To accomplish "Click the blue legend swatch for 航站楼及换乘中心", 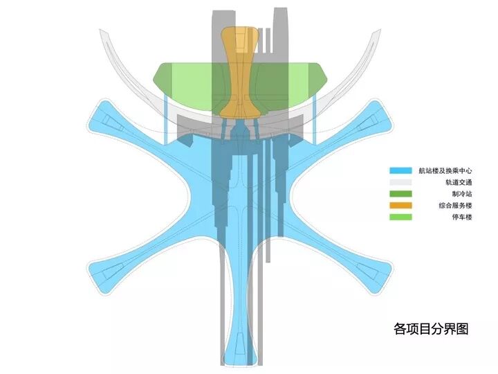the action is [400, 170].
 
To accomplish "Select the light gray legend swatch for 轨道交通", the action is [400, 182].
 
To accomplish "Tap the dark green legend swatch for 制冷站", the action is [400, 194].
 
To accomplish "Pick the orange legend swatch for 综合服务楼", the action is [400, 206].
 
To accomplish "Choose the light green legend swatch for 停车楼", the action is [400, 217].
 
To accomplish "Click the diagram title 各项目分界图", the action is [430, 328].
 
